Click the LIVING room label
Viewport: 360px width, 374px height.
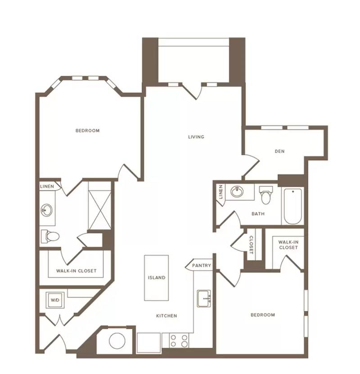[x=196, y=137]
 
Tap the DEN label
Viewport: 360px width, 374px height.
[x=279, y=151]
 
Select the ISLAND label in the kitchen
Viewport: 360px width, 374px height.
[x=156, y=278]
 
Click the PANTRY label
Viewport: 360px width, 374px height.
[x=202, y=265]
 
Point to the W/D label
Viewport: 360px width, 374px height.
[x=55, y=300]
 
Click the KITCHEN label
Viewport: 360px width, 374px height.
[x=166, y=316]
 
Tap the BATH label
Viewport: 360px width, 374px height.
[x=258, y=214]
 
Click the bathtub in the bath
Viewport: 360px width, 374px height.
[x=292, y=206]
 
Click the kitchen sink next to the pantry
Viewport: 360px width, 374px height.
[x=204, y=298]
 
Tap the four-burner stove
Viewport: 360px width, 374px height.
[x=179, y=341]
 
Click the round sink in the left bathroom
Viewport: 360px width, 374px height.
[x=46, y=210]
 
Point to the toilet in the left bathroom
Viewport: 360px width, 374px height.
[x=50, y=236]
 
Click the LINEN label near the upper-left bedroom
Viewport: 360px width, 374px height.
[x=47, y=186]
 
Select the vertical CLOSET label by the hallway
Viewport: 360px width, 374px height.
[x=251, y=245]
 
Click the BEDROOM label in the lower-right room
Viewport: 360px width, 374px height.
[x=263, y=315]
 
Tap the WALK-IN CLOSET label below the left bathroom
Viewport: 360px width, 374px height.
[x=76, y=271]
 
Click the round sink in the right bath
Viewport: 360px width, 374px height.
[x=237, y=192]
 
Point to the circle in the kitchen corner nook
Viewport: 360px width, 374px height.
[x=117, y=341]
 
